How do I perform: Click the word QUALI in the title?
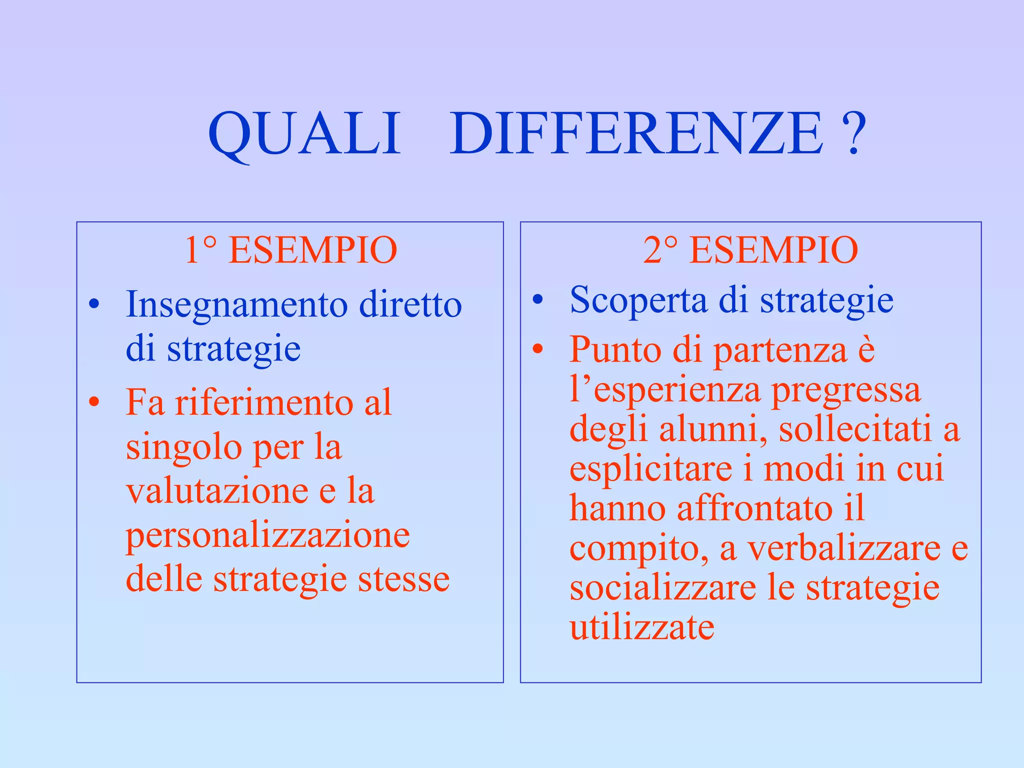point(304,134)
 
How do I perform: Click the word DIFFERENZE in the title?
point(636,134)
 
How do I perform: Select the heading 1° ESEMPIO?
point(290,250)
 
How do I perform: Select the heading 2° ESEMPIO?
point(750,250)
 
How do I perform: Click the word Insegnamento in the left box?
point(236,305)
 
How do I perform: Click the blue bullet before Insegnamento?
point(94,304)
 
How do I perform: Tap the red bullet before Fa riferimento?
point(94,402)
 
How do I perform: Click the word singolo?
point(184,448)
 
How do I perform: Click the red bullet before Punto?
point(537,349)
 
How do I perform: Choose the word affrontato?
point(754,509)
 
